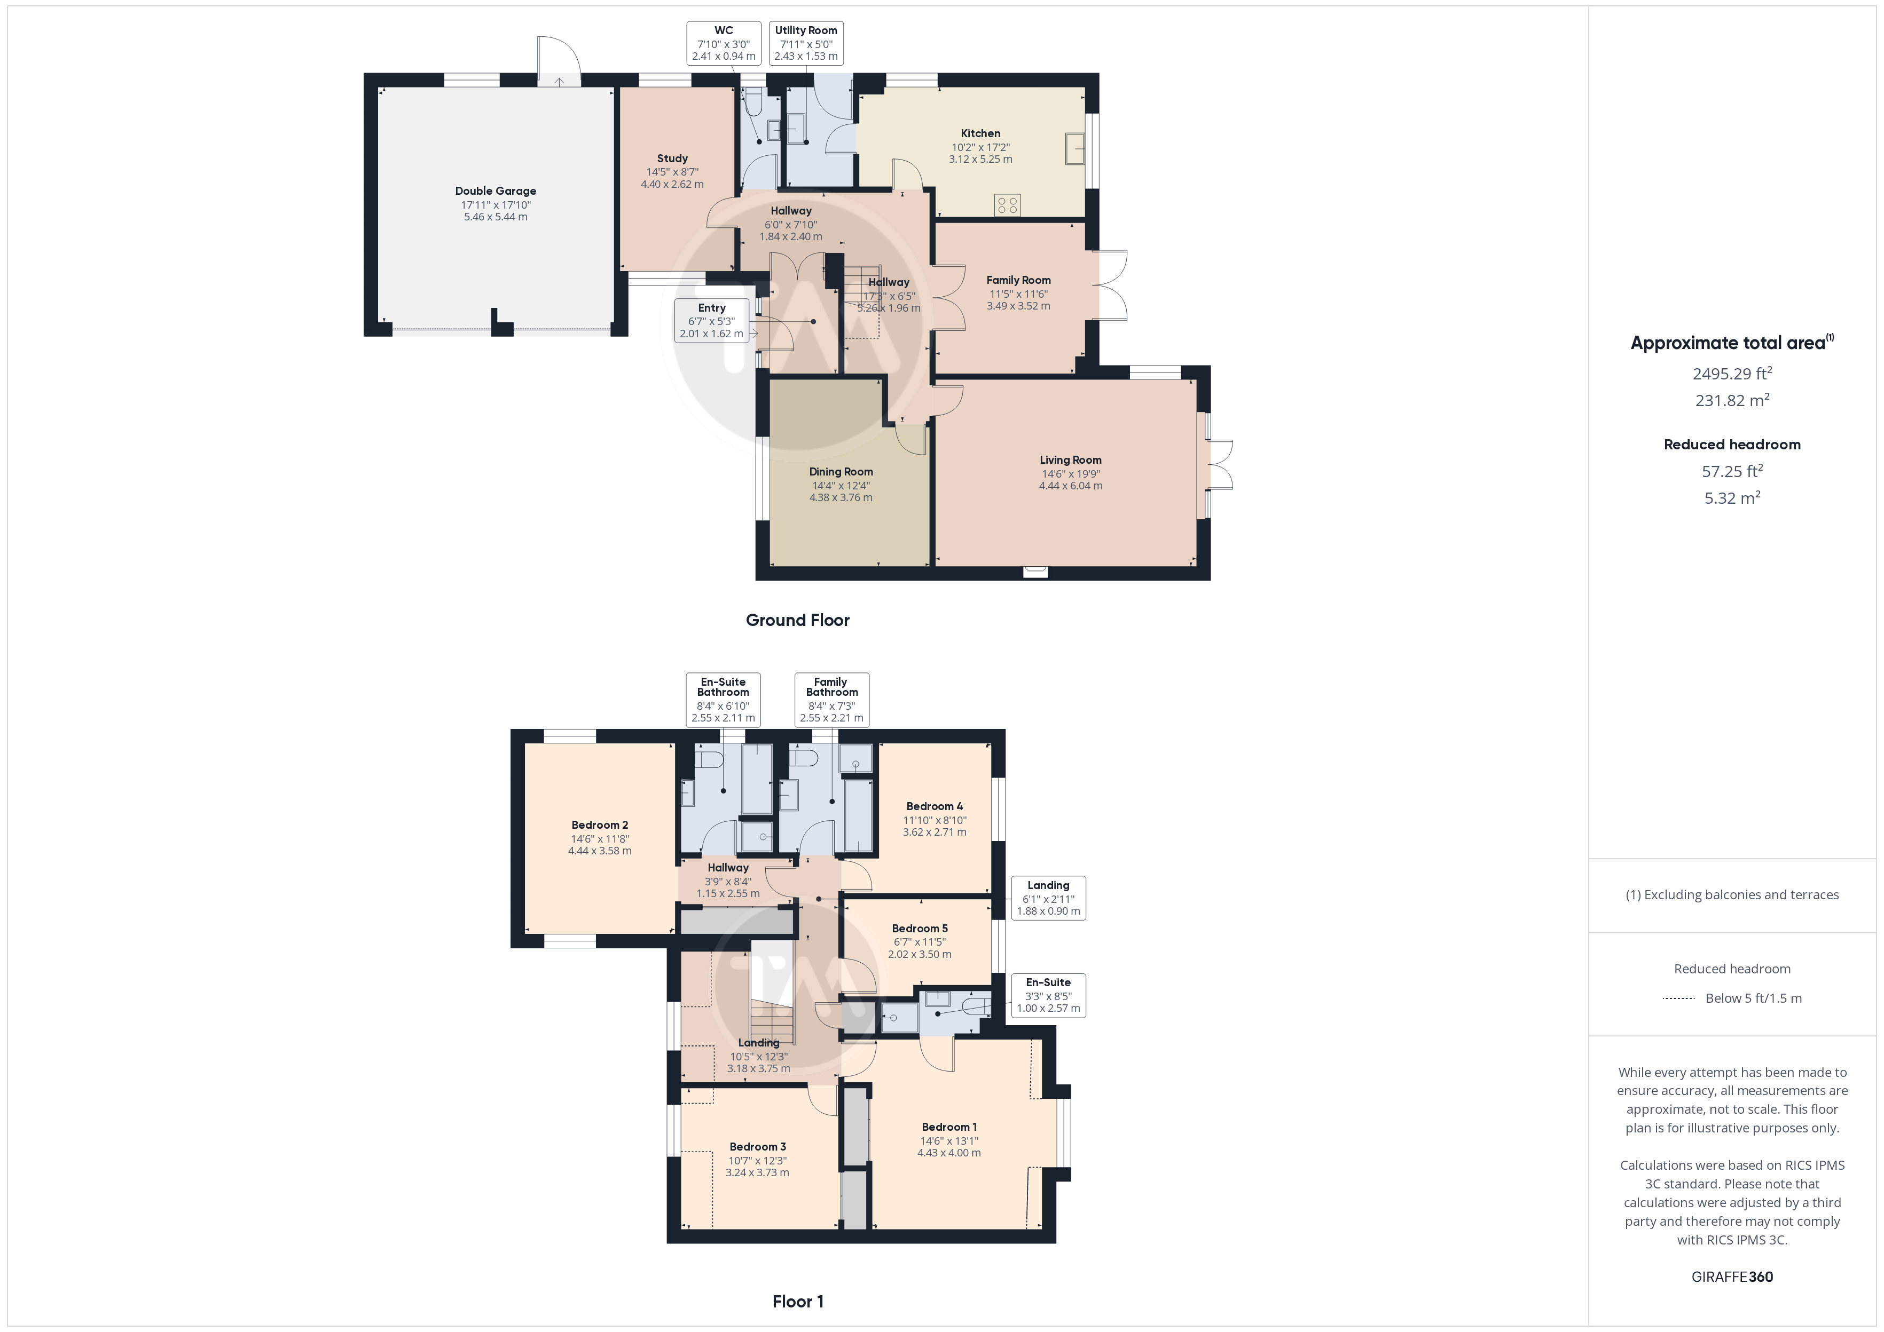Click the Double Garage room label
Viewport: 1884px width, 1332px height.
pos(496,191)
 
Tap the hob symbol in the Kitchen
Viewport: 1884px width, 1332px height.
pos(1008,205)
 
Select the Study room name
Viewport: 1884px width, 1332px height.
pos(672,158)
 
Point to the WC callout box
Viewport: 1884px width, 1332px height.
pos(724,43)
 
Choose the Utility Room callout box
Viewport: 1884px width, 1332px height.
pos(806,43)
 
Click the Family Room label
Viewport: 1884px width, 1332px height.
pos(1018,281)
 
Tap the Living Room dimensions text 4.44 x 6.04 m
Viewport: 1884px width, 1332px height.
pos(1071,486)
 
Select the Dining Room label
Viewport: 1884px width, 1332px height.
pos(841,472)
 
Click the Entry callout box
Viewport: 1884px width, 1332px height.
pos(711,321)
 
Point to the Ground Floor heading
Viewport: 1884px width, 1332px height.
pos(798,620)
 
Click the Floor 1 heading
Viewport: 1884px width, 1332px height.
pos(798,1302)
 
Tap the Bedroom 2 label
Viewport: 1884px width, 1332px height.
pos(600,825)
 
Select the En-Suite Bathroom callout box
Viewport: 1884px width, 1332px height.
pos(723,700)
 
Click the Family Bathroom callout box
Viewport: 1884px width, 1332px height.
pos(831,700)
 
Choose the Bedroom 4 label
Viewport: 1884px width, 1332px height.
pos(935,806)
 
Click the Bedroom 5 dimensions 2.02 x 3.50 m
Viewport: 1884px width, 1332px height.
pos(920,955)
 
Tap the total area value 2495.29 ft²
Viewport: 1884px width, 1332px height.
pos(1732,373)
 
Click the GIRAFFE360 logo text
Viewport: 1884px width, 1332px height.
pos(1732,1277)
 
